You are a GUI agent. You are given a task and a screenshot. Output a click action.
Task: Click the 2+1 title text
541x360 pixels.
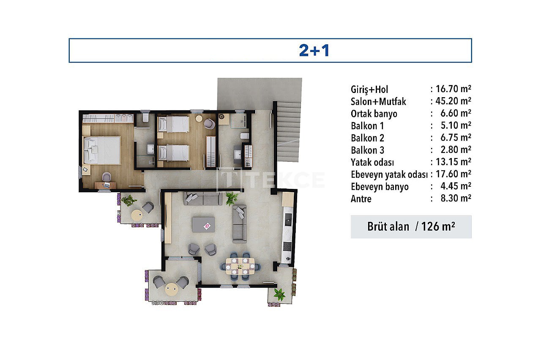click(314, 50)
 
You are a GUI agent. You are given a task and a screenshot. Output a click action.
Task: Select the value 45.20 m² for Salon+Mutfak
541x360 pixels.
click(453, 101)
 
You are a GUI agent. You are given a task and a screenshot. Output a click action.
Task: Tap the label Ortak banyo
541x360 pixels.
click(374, 114)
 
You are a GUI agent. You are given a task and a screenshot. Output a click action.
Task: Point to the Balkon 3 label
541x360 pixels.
click(367, 150)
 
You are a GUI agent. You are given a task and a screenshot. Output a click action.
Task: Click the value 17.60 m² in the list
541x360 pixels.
click(454, 174)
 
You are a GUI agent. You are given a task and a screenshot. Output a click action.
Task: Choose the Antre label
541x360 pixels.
click(361, 199)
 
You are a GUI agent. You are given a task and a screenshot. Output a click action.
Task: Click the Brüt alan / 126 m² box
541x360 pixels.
click(411, 227)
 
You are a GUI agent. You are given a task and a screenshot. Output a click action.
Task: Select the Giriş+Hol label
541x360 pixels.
click(369, 89)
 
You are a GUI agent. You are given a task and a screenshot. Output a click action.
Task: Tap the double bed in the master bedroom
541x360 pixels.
click(101, 150)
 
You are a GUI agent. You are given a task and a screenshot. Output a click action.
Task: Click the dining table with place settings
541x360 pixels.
click(240, 266)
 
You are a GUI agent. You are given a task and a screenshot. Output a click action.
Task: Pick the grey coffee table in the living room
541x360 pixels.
click(203, 224)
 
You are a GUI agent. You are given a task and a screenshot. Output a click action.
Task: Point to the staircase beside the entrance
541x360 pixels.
click(289, 131)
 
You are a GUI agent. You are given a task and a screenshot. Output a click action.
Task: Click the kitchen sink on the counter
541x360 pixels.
click(288, 219)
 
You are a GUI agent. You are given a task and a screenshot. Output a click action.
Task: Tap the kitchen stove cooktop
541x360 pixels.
click(287, 246)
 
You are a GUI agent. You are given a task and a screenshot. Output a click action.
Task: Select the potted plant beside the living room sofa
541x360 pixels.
click(232, 199)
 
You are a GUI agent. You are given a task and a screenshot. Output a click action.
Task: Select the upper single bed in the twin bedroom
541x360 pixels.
click(173, 124)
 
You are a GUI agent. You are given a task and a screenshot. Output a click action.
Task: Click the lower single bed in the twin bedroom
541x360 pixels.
click(173, 153)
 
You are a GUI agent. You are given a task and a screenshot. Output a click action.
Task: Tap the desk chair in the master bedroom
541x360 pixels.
click(107, 177)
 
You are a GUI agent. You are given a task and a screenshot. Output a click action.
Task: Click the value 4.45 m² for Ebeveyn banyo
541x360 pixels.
click(456, 186)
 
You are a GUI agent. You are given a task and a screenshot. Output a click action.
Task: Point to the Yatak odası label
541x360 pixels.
click(372, 162)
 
